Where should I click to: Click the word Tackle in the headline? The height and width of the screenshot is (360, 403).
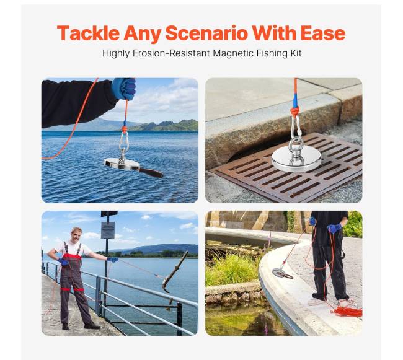pyautogui.click(x=88, y=33)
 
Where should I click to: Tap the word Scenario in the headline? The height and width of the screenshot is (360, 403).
pyautogui.click(x=206, y=33)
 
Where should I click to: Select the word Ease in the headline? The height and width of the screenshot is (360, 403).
pyautogui.click(x=323, y=33)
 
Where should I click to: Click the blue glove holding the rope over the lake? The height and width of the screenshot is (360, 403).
pyautogui.click(x=124, y=89)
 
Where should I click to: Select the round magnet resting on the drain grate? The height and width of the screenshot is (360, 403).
pyautogui.click(x=296, y=159)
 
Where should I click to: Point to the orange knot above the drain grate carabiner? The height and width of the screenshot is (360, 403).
pyautogui.click(x=295, y=111)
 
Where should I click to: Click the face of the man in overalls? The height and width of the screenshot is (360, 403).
pyautogui.click(x=76, y=235)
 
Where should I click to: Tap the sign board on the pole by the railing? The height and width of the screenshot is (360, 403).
pyautogui.click(x=108, y=230)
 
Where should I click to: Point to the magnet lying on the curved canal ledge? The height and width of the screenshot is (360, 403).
pyautogui.click(x=281, y=273)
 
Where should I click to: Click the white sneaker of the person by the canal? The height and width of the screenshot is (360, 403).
pyautogui.click(x=316, y=301)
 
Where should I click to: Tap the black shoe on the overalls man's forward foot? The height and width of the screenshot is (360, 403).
pyautogui.click(x=92, y=326)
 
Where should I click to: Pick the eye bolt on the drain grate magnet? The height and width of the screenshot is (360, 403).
pyautogui.click(x=296, y=150)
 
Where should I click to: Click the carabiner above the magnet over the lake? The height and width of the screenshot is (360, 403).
pyautogui.click(x=123, y=141)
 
